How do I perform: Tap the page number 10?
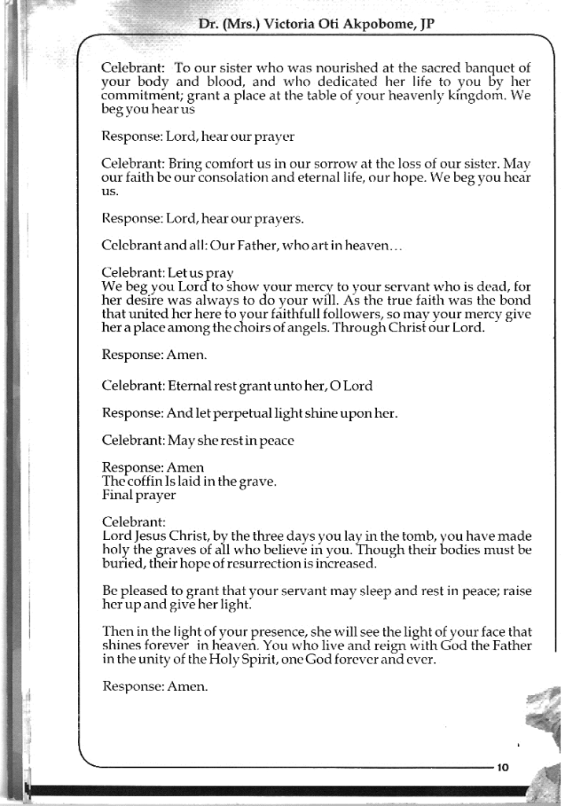(x=504, y=768)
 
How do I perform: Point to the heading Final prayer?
(x=139, y=495)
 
